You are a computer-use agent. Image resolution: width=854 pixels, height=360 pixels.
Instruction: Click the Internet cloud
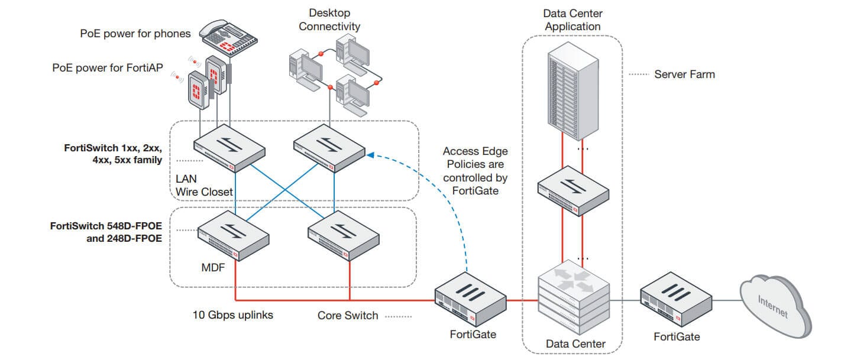pyautogui.click(x=776, y=306)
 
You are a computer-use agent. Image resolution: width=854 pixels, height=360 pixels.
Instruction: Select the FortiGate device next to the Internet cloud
pyautogui.click(x=676, y=300)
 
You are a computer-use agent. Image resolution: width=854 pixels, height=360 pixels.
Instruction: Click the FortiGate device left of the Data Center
pyautogui.click(x=470, y=300)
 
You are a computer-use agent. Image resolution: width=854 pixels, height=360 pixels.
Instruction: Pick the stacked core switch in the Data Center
pyautogui.click(x=574, y=297)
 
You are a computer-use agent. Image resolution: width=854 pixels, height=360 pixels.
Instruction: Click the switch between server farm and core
pyautogui.click(x=573, y=191)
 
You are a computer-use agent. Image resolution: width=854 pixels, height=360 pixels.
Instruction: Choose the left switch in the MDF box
pyautogui.click(x=234, y=236)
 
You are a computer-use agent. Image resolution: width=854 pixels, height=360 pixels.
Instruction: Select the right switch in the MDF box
pyautogui.click(x=344, y=236)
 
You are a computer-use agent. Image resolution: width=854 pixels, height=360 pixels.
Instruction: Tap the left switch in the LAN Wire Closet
pyautogui.click(x=229, y=148)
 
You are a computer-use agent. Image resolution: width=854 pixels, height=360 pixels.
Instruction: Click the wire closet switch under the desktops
pyautogui.click(x=329, y=148)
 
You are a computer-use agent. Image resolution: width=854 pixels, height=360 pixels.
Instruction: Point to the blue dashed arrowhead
pyautogui.click(x=370, y=155)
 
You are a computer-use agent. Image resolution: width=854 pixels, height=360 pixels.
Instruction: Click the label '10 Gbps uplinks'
pyautogui.click(x=232, y=315)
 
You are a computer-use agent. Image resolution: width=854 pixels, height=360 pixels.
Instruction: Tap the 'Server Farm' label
pyautogui.click(x=684, y=74)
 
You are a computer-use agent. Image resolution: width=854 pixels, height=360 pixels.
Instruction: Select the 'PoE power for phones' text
pyautogui.click(x=135, y=34)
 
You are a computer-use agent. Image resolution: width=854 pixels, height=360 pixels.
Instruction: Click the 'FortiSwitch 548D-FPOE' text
pyautogui.click(x=106, y=226)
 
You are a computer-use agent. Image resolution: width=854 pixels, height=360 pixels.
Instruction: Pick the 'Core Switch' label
pyautogui.click(x=348, y=316)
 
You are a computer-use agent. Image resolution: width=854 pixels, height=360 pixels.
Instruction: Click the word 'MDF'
pyautogui.click(x=213, y=267)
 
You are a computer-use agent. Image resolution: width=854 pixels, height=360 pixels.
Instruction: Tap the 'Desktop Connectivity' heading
pyautogui.click(x=329, y=20)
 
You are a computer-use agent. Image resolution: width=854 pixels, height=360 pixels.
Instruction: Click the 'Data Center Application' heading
pyautogui.click(x=572, y=20)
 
